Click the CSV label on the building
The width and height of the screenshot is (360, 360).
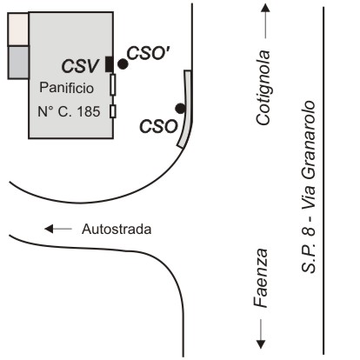80,66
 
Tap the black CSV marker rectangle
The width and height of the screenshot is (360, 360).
109,64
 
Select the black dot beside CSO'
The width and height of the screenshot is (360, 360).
123,64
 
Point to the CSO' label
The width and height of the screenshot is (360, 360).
148,53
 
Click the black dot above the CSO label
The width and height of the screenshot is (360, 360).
180,109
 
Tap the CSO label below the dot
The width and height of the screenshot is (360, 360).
158,127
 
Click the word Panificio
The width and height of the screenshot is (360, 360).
66,88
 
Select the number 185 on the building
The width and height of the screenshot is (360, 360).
89,111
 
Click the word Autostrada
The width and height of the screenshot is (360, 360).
117,229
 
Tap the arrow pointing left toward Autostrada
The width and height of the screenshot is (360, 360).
58,229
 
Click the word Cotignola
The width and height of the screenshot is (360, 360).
263,88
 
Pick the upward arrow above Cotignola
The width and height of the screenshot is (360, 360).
265,21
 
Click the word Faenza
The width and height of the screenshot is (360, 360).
261,278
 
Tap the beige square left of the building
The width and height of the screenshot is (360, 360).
18,29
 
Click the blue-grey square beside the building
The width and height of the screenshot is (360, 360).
18,63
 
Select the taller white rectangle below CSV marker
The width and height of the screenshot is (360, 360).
113,84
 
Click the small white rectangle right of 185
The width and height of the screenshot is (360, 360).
113,111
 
